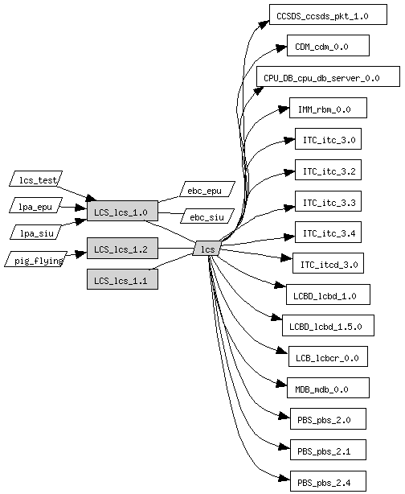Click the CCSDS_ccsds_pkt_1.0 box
point(328,14)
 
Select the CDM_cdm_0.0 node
point(328,46)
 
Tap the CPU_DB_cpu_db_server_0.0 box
point(328,76)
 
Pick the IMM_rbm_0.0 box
point(328,108)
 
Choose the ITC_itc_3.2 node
point(328,170)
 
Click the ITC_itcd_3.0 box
point(328,263)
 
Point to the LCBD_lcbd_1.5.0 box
point(328,326)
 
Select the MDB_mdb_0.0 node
point(328,388)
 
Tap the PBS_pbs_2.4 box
point(328,481)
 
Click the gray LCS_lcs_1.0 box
point(122,211)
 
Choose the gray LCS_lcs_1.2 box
point(122,249)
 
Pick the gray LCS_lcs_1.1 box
point(122,279)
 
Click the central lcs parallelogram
point(207,249)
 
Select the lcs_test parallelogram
point(36,179)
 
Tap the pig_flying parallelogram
point(36,259)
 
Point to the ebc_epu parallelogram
point(207,189)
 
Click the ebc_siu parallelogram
point(207,216)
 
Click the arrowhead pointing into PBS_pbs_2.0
point(284,417)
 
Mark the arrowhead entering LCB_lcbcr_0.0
point(283,351)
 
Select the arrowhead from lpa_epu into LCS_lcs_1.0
point(81,208)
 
